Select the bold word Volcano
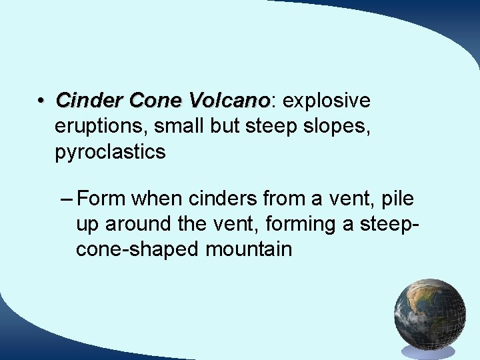(x=233, y=101)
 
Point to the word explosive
(x=326, y=101)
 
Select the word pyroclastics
(x=110, y=152)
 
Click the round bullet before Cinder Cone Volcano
(x=41, y=101)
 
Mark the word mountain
(x=249, y=250)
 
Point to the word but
(x=224, y=126)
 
